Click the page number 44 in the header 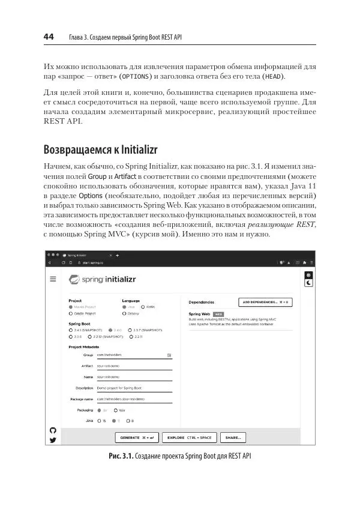49,37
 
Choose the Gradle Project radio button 71,313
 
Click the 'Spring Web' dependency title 199,313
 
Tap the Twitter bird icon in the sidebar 52,440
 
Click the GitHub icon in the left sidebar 52,430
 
